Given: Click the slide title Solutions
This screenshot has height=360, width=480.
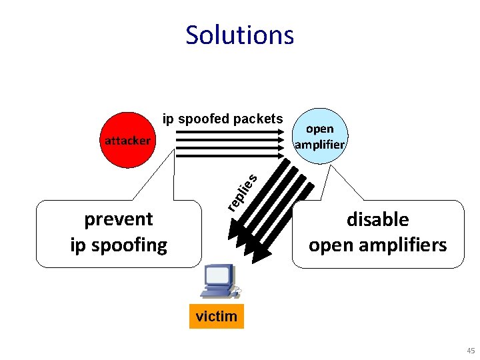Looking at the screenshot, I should [239, 35].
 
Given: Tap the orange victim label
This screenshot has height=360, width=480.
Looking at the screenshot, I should [217, 316].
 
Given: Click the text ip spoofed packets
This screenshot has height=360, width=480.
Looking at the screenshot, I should [223, 119].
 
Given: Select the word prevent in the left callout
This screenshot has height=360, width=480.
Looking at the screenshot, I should [119, 219].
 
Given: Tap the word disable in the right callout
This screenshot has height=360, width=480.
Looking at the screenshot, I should [377, 219].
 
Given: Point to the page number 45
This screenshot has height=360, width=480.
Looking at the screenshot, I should [471, 350].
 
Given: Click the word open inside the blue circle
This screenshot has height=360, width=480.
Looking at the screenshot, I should [319, 129].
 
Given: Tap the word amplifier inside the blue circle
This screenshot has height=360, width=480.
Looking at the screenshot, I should [319, 144].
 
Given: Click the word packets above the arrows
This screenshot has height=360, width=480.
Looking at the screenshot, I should [257, 119].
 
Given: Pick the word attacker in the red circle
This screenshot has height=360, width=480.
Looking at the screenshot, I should [127, 140].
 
